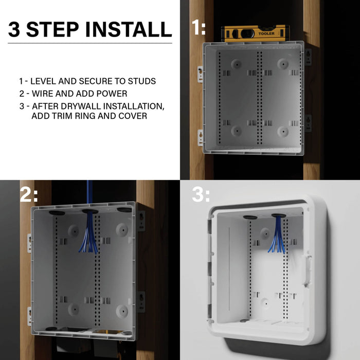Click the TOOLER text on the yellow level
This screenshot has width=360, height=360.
(x=266, y=33)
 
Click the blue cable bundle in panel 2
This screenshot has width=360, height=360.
(x=90, y=231)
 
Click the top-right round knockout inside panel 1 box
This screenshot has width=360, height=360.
(x=282, y=64)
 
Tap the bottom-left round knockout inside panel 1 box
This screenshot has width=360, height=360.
(x=236, y=130)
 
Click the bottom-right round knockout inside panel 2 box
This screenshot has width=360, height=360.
(x=122, y=310)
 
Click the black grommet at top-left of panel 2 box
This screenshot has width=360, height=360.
(x=56, y=210)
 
